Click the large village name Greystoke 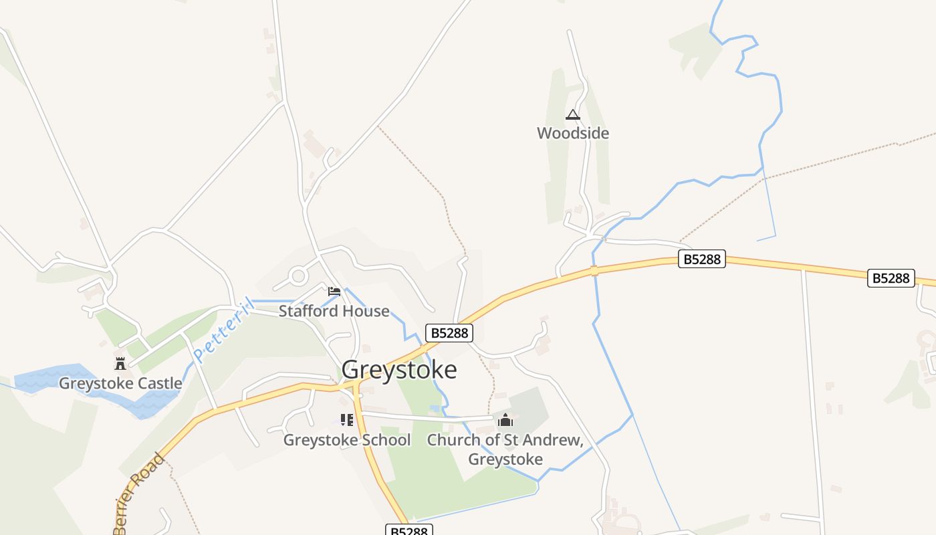[399, 370]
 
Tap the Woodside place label [573, 133]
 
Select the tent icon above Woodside [573, 115]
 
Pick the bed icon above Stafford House [334, 292]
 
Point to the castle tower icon [120, 364]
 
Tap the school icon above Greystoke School [346, 420]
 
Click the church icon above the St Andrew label [505, 420]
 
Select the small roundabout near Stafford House [298, 275]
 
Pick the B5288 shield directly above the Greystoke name [449, 332]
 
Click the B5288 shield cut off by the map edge [410, 530]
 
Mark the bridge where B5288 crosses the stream [594, 271]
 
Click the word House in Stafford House [364, 311]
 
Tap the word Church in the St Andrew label [453, 440]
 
